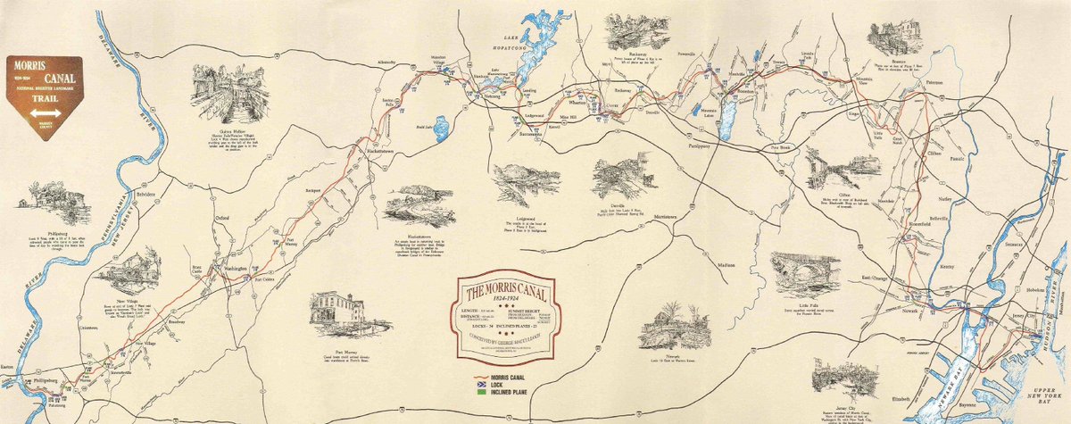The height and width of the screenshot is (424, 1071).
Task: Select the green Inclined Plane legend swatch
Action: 483,391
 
